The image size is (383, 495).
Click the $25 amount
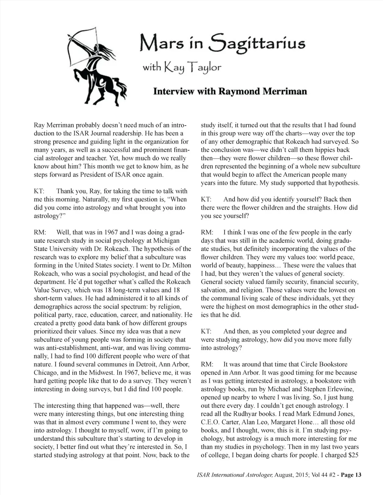point(353,455)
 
